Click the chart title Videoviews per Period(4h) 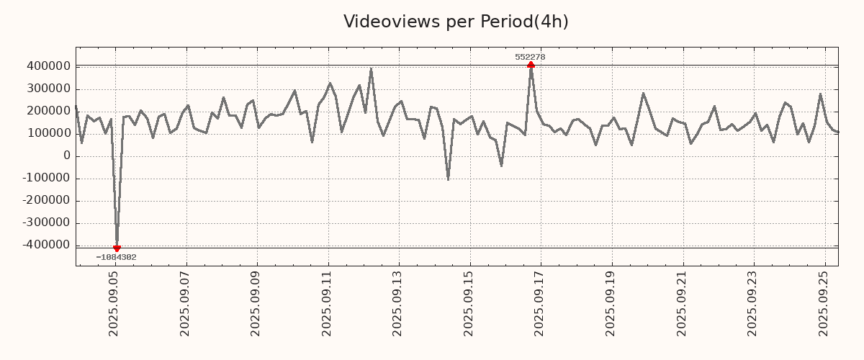(456, 22)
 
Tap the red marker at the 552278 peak (531, 66)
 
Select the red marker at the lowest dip (117, 248)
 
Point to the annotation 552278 (530, 57)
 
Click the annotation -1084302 (116, 258)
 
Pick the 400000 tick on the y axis (48, 66)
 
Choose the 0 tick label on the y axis (67, 156)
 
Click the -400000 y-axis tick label (45, 246)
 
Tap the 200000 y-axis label (48, 111)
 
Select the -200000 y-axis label (45, 201)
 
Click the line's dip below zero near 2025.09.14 (448, 179)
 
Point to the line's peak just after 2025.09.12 (371, 69)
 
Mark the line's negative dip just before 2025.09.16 (501, 166)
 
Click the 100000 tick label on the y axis (48, 133)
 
